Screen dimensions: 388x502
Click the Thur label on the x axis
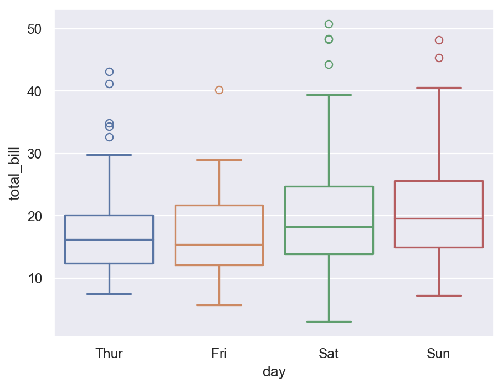[x=109, y=354]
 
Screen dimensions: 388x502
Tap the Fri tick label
[x=219, y=354]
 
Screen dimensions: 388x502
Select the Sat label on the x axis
[x=329, y=354]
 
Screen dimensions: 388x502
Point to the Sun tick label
[x=438, y=354]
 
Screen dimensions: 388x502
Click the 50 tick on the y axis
[x=34, y=29]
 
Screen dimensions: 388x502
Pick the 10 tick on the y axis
[x=34, y=278]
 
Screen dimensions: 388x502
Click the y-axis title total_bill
[x=15, y=174]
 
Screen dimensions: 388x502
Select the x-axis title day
[x=274, y=372]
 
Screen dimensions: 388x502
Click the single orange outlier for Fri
[x=219, y=90]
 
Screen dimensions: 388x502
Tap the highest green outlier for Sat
[x=329, y=24]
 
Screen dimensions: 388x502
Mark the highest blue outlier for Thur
[x=109, y=72]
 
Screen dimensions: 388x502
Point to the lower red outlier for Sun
[x=439, y=58]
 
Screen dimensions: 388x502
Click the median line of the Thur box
[x=109, y=239]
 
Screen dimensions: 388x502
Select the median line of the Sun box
[x=438, y=218]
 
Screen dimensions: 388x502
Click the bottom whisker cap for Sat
[x=329, y=321]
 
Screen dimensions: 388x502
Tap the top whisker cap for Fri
[x=219, y=160]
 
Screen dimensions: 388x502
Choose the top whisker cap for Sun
[x=438, y=88]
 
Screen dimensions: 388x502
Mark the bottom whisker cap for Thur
[x=109, y=294]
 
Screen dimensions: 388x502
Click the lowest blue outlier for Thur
[x=109, y=137]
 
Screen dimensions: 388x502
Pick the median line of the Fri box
[x=219, y=244]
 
